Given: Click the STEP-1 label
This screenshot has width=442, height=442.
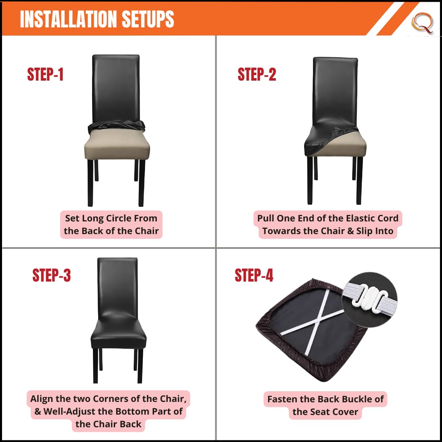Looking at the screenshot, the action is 45,74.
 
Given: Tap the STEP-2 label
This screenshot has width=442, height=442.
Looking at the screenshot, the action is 257,74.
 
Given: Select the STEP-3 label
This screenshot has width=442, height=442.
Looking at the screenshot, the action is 51,275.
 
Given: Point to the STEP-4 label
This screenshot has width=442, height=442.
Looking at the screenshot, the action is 254,275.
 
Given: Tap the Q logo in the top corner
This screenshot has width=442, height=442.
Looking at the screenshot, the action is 422,23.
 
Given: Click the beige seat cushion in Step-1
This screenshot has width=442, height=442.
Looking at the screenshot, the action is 117,144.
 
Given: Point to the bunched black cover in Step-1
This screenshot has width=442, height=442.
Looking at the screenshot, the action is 116,126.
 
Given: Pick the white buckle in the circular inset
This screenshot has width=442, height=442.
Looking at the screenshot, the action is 369,299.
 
